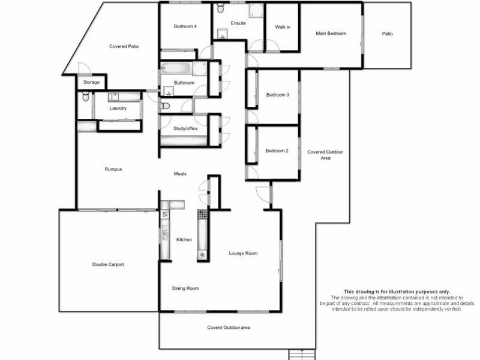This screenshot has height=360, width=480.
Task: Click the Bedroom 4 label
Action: point(185,26)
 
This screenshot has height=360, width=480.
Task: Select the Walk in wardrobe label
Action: point(283,27)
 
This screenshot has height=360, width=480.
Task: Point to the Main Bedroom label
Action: point(331,34)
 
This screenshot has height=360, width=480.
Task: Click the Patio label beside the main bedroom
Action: point(388,34)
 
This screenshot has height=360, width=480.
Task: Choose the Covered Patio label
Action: point(124,46)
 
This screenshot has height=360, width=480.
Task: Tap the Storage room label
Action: point(91,82)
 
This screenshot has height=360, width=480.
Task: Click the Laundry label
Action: point(118,108)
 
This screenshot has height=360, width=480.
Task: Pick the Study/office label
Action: point(185,128)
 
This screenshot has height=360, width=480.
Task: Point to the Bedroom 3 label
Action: point(278,95)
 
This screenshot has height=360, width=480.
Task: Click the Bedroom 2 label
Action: point(277,151)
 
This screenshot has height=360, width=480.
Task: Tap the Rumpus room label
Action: point(113,169)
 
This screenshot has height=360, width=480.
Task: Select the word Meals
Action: point(180,173)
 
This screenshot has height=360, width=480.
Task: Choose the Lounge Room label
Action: point(243,253)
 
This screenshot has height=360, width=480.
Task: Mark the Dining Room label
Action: point(185,289)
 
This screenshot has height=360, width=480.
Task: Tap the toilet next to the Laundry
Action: point(85,97)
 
